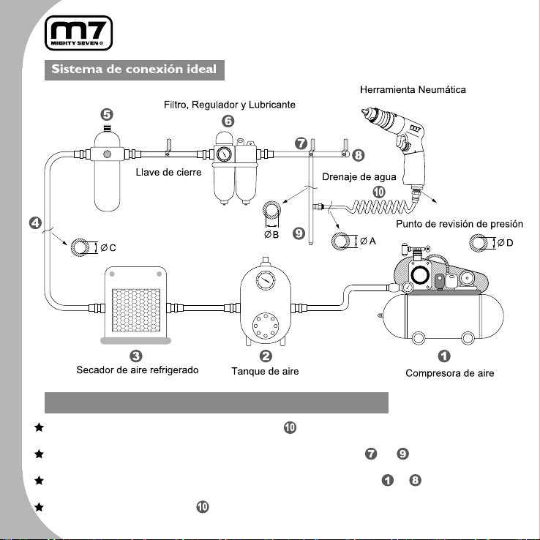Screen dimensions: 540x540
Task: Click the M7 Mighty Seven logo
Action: click(x=78, y=33)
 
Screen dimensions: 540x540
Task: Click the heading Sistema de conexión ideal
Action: click(x=134, y=70)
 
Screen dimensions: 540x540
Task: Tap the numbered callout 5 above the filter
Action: click(x=107, y=115)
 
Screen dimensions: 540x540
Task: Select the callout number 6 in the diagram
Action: click(x=228, y=121)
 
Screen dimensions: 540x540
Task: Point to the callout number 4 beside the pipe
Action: click(x=35, y=223)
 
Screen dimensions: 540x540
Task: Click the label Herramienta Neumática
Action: click(x=413, y=90)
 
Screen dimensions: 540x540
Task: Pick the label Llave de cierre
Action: click(x=168, y=172)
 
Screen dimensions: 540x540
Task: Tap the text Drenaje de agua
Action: click(x=359, y=177)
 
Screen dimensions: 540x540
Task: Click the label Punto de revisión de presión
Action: click(x=460, y=224)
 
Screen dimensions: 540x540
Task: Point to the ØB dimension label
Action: click(x=271, y=235)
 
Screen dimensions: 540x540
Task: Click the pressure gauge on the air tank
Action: click(x=266, y=280)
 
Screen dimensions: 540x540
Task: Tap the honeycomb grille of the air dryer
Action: click(x=136, y=310)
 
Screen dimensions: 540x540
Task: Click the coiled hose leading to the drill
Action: click(x=381, y=206)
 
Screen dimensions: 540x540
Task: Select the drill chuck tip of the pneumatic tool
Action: click(x=365, y=112)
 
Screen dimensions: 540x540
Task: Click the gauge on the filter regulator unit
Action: click(x=224, y=154)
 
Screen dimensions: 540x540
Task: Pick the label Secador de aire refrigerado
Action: click(x=138, y=370)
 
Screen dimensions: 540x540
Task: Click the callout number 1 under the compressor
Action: click(x=444, y=356)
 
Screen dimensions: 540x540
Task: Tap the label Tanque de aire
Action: click(x=265, y=372)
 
